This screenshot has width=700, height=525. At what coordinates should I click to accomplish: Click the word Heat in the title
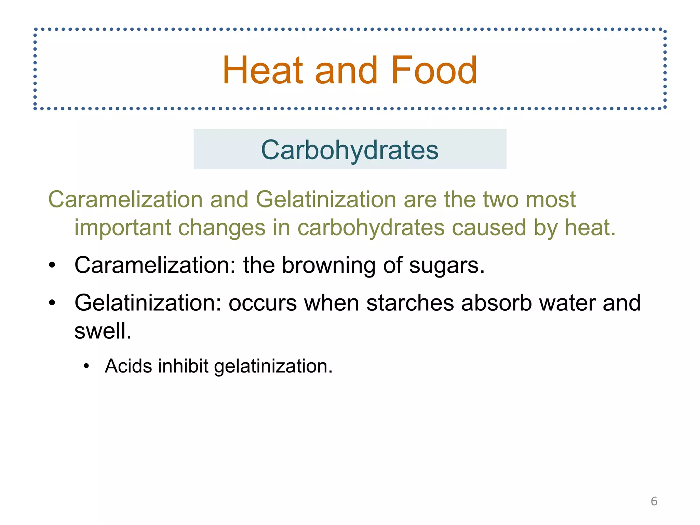[262, 70]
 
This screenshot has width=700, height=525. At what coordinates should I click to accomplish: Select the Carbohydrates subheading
[350, 150]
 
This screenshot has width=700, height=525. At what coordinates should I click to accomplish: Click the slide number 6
[654, 501]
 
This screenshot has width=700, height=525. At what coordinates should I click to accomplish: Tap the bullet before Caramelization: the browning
[52, 266]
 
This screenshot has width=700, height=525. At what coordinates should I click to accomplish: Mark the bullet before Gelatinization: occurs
[52, 303]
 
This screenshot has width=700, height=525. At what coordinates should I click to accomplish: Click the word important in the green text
[122, 228]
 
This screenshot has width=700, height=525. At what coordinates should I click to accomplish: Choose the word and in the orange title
[346, 70]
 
